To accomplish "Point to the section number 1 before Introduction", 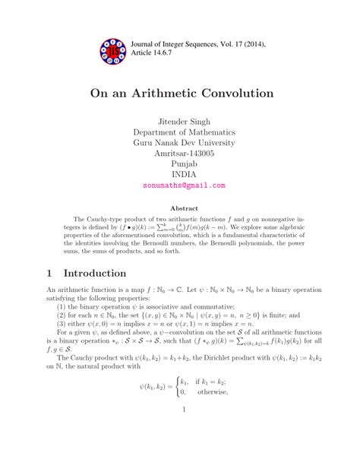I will tap(50, 272).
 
